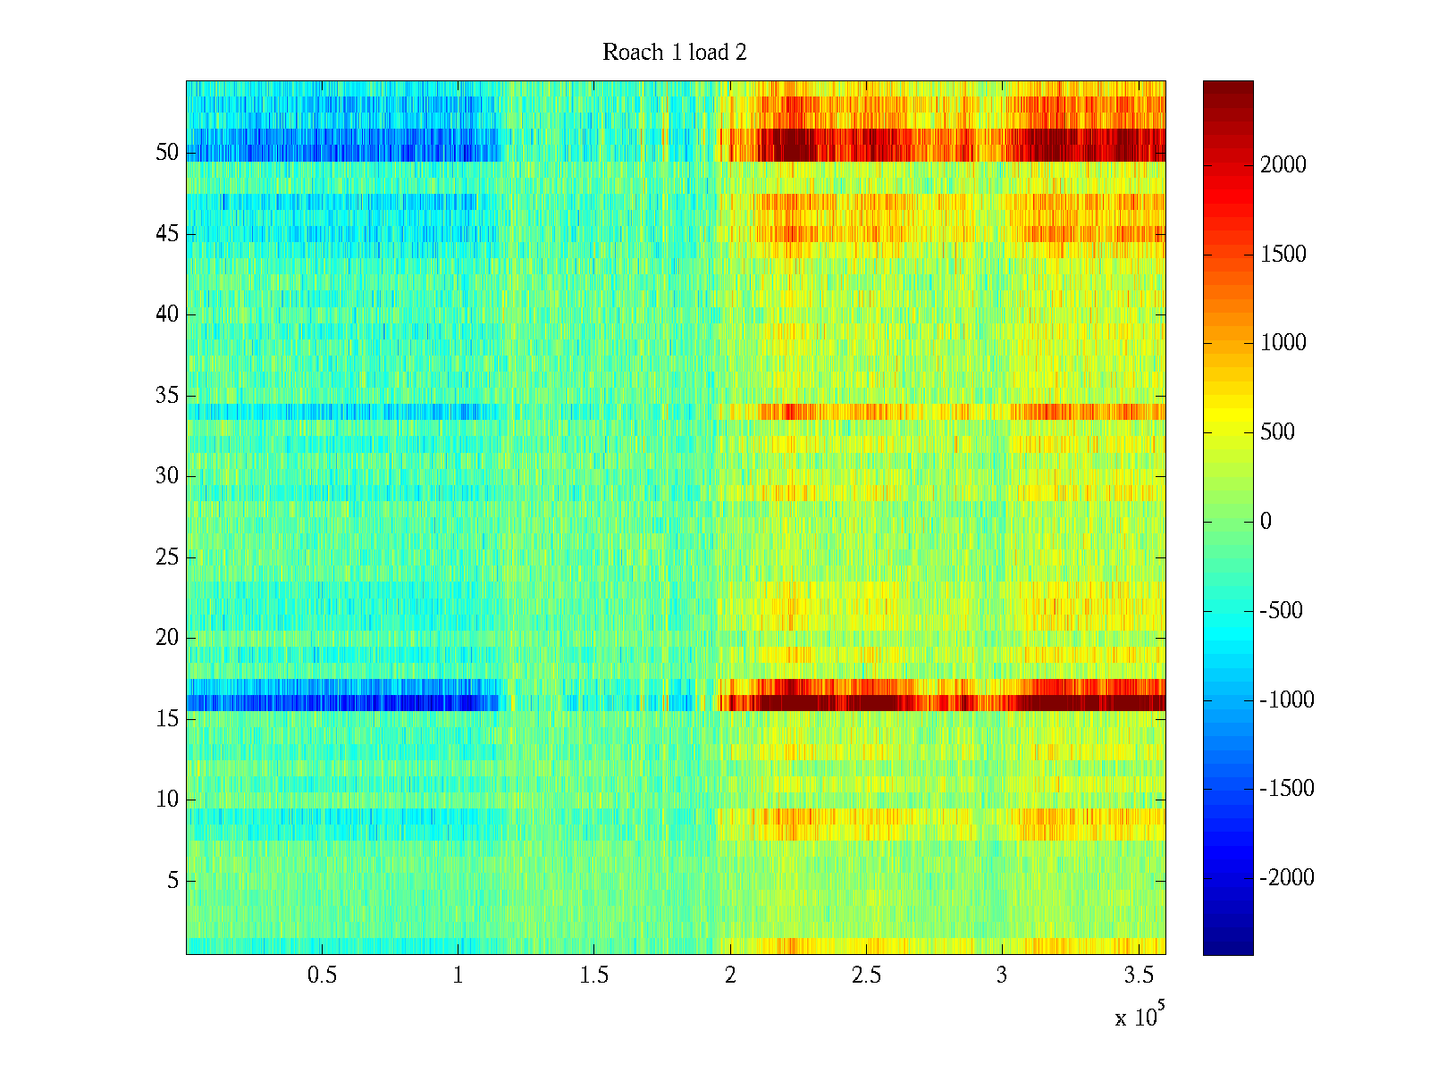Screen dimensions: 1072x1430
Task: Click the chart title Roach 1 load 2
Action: click(675, 53)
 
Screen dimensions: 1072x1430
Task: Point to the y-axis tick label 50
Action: click(167, 153)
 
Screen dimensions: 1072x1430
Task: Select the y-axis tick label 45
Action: click(167, 234)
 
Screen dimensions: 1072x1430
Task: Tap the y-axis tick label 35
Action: click(167, 396)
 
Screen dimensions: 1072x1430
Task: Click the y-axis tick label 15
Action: click(167, 719)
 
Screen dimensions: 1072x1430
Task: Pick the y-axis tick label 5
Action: click(172, 881)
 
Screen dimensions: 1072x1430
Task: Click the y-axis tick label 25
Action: click(167, 557)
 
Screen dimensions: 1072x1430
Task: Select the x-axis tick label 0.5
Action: click(322, 976)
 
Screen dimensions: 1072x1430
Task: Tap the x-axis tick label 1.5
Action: click(593, 976)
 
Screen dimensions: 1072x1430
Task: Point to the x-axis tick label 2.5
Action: click(865, 976)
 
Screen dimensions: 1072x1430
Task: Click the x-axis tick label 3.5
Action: click(1138, 976)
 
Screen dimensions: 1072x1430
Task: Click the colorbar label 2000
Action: click(1283, 165)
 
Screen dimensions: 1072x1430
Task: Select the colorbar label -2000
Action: click(1287, 878)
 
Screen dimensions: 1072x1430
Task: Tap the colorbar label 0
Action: click(1266, 522)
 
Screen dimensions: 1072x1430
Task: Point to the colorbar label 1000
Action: click(1283, 343)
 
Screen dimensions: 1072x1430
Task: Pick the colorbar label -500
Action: click(1282, 611)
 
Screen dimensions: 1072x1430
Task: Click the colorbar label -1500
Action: click(1287, 789)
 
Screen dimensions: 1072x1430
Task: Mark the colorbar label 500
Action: click(1278, 432)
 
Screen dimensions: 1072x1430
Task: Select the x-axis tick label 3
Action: click(1002, 976)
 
